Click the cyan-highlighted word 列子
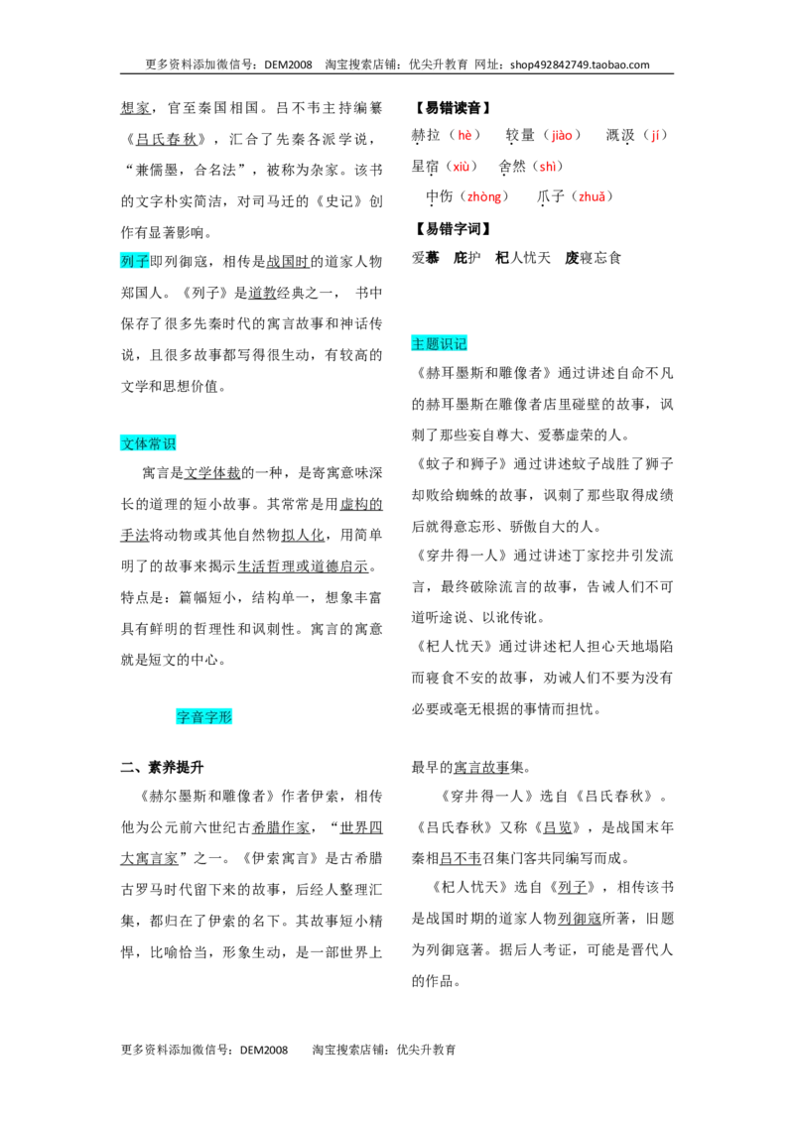(x=135, y=262)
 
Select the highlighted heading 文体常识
(x=148, y=444)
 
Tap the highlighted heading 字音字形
(x=204, y=717)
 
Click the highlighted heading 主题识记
(x=440, y=344)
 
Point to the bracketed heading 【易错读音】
(x=453, y=108)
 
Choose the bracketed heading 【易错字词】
(x=453, y=229)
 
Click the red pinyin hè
(x=465, y=135)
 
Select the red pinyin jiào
(x=562, y=135)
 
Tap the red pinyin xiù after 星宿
(x=462, y=167)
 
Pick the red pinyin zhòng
(x=484, y=197)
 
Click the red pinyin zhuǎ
(x=592, y=197)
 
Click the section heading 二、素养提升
(x=162, y=768)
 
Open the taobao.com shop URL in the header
(x=580, y=64)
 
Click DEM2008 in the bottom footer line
(x=264, y=1050)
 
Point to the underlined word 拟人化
(x=303, y=535)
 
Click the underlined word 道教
(x=262, y=293)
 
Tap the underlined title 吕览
(x=558, y=828)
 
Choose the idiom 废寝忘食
(x=593, y=258)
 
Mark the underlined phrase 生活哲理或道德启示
(x=303, y=566)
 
